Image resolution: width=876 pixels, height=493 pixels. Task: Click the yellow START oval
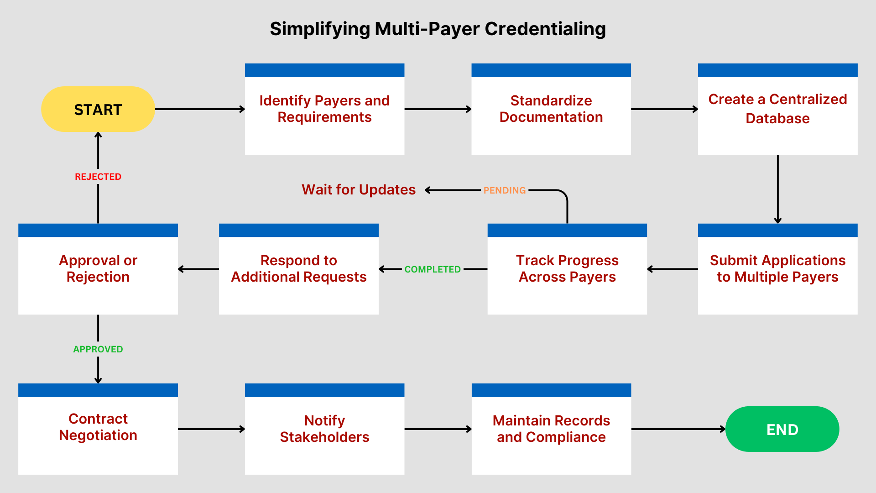pyautogui.click(x=98, y=110)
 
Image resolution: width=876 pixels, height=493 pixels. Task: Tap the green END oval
pyautogui.click(x=782, y=429)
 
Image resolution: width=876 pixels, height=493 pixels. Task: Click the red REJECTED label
pyautogui.click(x=98, y=177)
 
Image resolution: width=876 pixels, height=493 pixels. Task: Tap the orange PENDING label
pyautogui.click(x=505, y=190)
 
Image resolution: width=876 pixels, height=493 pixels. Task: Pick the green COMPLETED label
pyautogui.click(x=433, y=269)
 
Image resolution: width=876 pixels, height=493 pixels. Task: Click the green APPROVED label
pyautogui.click(x=98, y=349)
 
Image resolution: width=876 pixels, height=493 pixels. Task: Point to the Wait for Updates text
pyautogui.click(x=359, y=190)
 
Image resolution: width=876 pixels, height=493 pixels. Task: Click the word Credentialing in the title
pyautogui.click(x=545, y=29)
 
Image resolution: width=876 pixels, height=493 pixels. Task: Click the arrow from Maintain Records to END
pyautogui.click(x=678, y=429)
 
